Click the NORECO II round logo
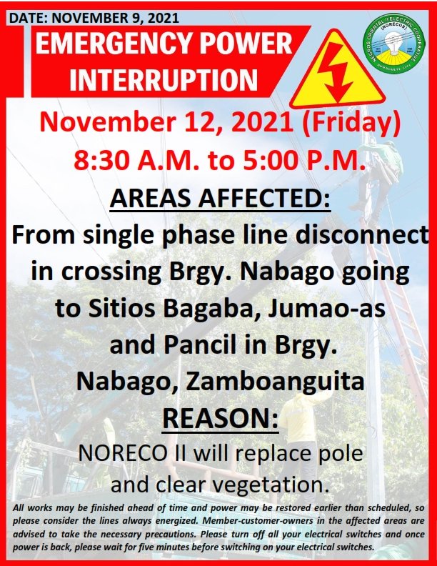pos(394,43)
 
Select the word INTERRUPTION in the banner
pos(164,79)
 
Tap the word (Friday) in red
pos(351,123)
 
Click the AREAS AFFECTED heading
pos(220,198)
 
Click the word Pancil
pos(201,345)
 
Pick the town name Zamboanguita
pos(275,382)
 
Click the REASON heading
pos(221,418)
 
